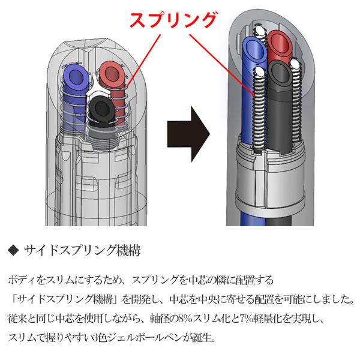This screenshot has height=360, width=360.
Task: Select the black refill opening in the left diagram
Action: point(100,110)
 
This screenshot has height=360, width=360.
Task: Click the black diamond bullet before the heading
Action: point(15,248)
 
